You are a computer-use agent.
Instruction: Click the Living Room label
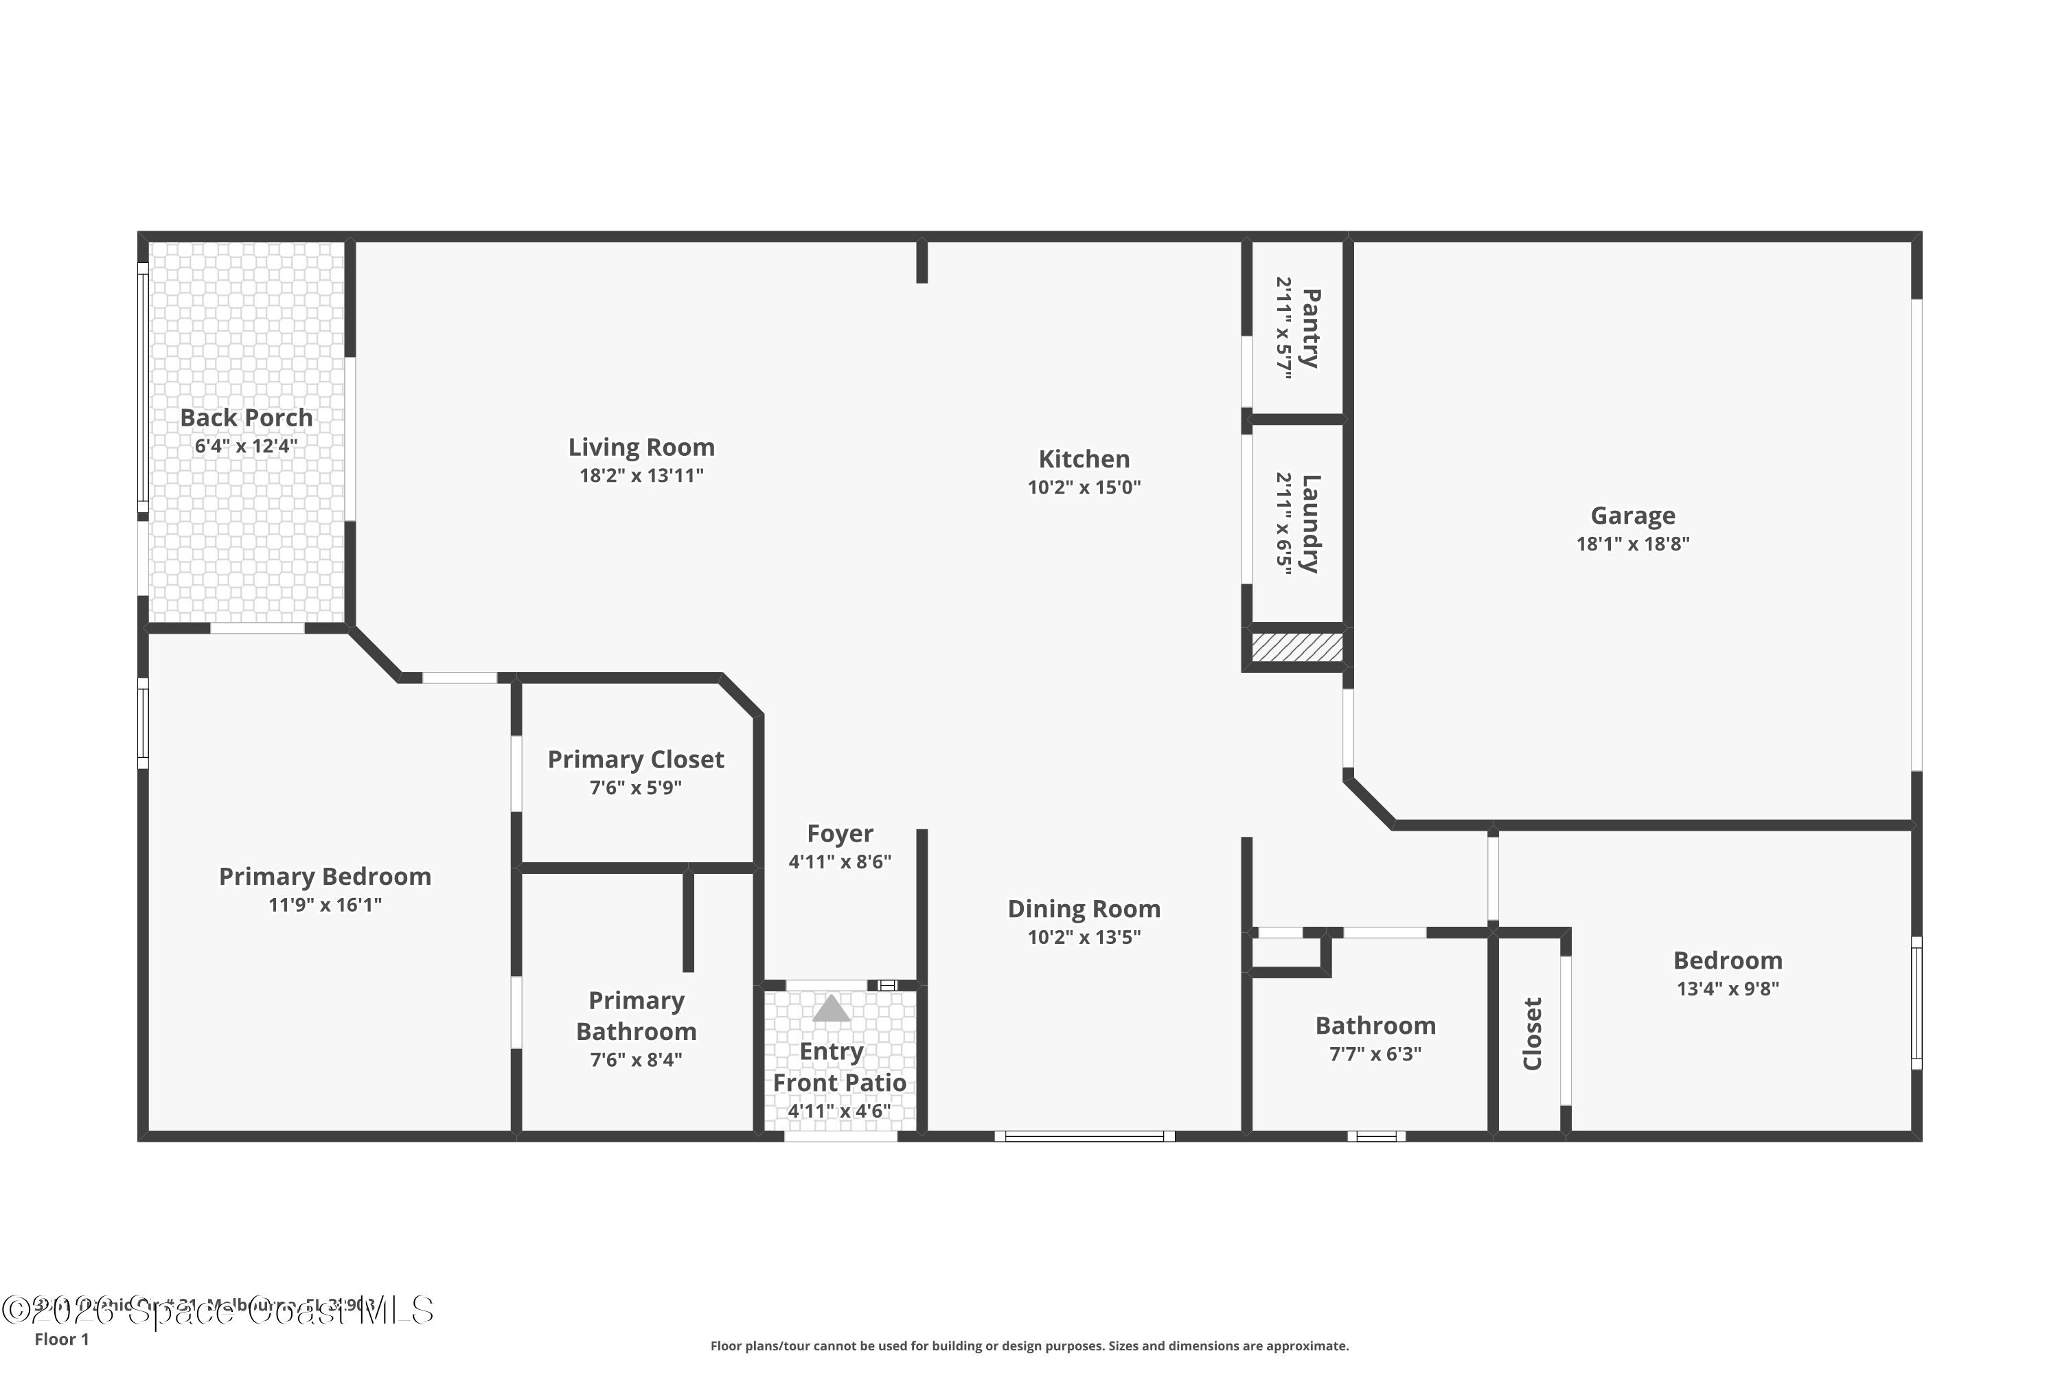641,448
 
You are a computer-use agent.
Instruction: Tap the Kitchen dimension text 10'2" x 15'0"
1084,487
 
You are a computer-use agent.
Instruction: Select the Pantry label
1310,328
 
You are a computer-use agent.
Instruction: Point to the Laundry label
1310,524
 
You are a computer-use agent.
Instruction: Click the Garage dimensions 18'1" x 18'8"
1633,544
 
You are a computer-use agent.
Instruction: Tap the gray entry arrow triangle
831,1008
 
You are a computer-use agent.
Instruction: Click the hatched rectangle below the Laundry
1297,648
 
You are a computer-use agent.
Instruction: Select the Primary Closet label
636,759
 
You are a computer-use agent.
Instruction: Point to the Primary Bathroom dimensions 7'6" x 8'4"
636,1059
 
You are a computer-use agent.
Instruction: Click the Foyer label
840,833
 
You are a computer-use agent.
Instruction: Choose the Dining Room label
1084,909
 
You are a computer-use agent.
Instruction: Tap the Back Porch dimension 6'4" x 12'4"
246,446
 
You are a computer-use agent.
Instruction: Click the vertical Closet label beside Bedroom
1532,1033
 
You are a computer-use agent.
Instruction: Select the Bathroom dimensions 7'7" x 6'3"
1375,1053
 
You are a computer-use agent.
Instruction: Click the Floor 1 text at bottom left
61,1339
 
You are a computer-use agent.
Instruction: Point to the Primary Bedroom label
325,877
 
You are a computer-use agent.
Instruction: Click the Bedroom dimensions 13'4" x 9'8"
1727,989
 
